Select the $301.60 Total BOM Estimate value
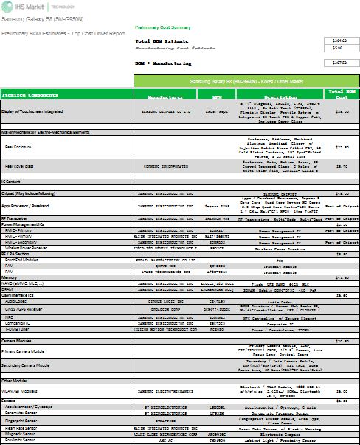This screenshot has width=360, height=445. (x=340, y=40)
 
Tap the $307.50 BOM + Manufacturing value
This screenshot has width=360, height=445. (x=340, y=63)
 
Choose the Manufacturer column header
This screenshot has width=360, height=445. (x=165, y=97)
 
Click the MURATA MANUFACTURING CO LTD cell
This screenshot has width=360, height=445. (x=165, y=260)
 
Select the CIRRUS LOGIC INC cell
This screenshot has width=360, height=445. (x=165, y=301)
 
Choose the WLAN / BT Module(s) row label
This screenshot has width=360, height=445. (x=30, y=391)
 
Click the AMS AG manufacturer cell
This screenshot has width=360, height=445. (x=165, y=441)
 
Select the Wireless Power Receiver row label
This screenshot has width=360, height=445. (x=33, y=249)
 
